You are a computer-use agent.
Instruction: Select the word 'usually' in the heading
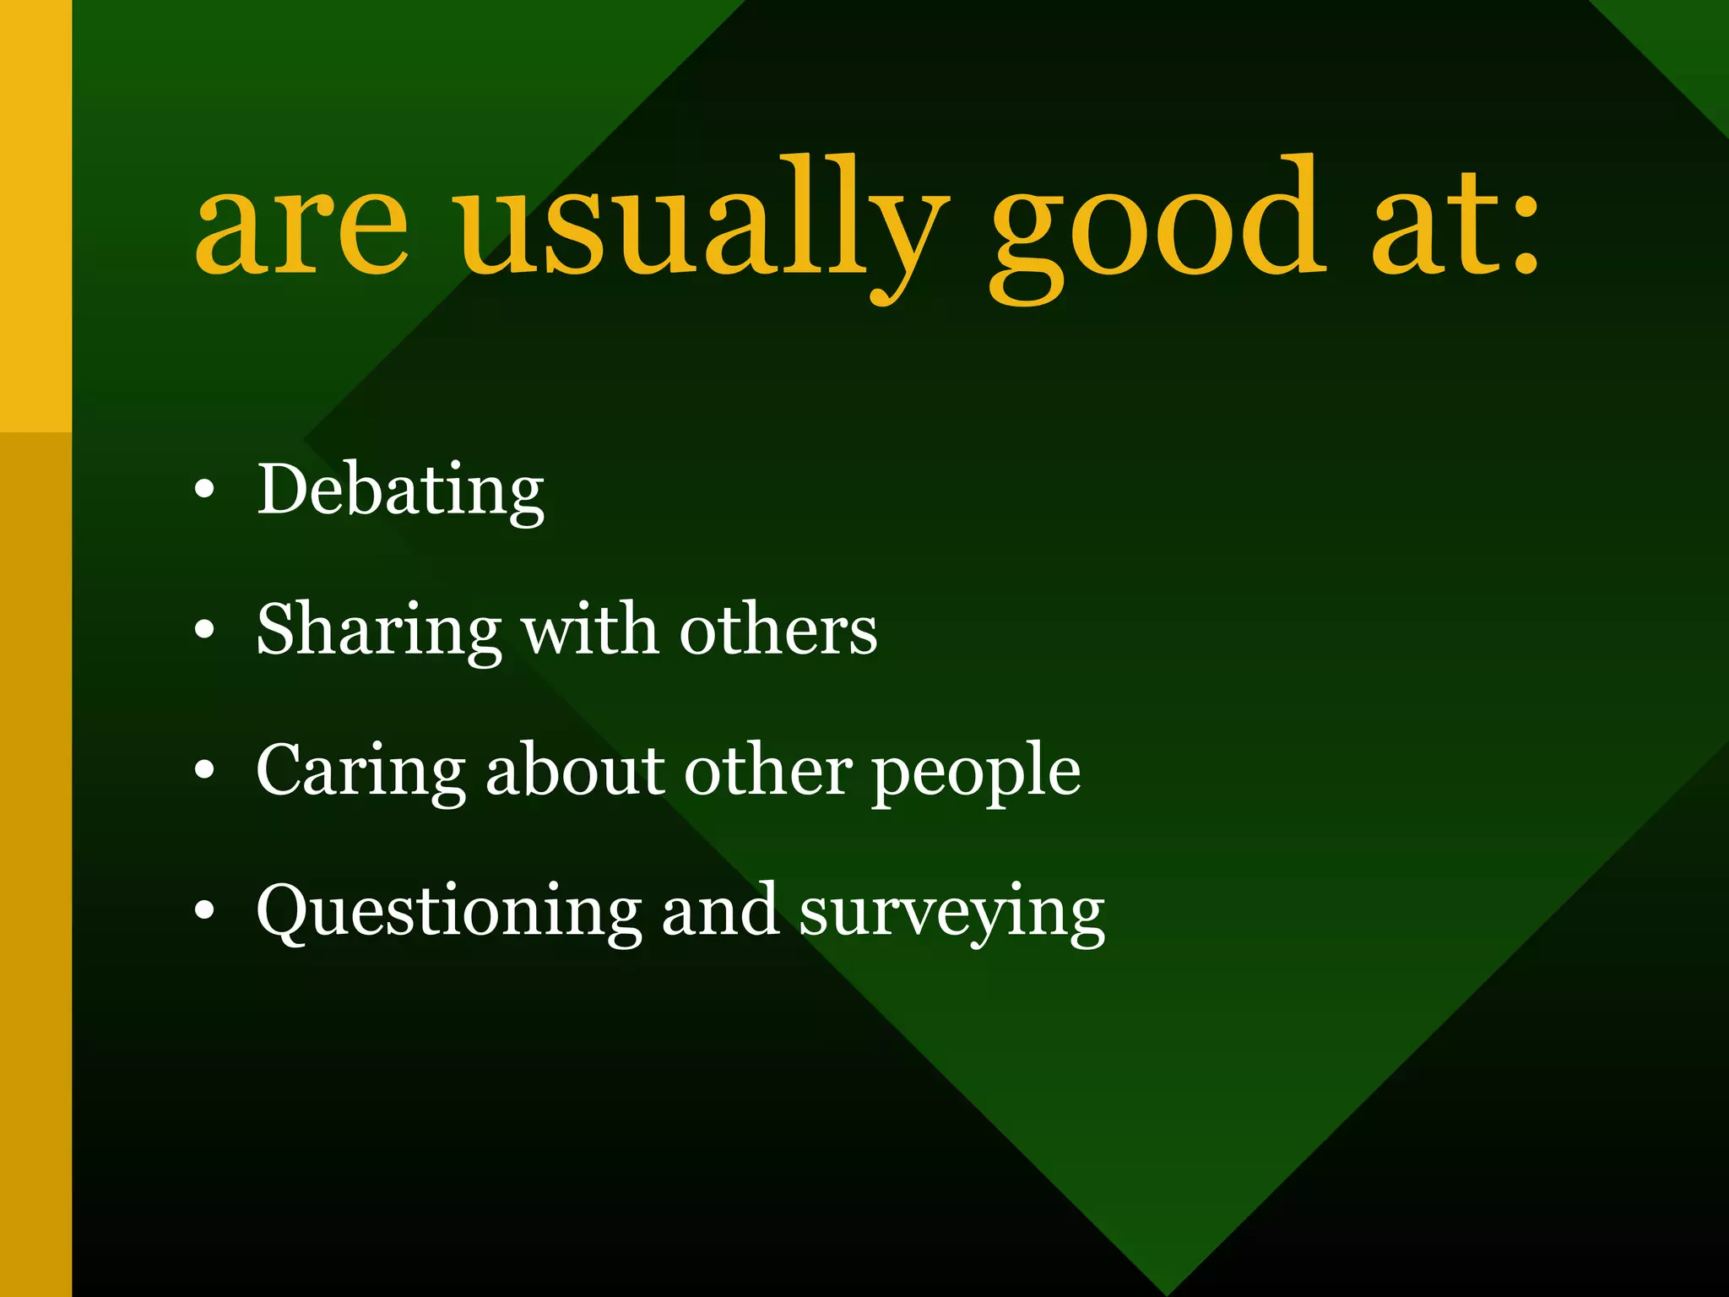699,224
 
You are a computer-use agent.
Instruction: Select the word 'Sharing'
379,631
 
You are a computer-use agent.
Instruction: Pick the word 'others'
778,631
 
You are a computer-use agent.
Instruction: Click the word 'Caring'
360,771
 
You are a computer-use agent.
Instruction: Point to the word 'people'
976,773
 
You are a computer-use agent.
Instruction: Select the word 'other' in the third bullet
767,770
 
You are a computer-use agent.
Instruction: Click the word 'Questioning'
448,912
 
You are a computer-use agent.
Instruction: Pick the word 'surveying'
951,914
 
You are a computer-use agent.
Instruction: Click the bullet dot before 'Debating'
204,490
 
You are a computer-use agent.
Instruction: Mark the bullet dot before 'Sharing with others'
204,630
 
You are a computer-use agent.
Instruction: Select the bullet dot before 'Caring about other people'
204,770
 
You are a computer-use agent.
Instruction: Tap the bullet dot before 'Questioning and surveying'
204,911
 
